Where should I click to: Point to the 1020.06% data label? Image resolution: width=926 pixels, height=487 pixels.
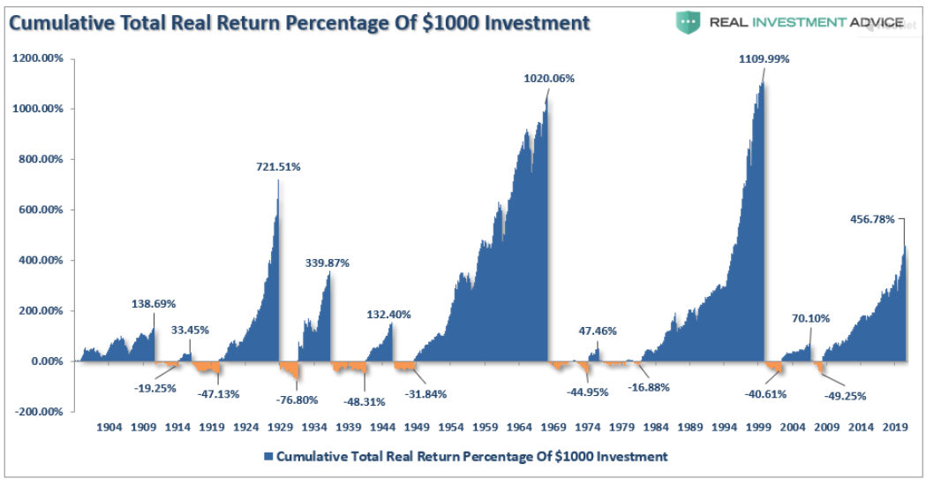(549, 78)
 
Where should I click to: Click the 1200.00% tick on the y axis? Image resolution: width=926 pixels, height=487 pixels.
(39, 59)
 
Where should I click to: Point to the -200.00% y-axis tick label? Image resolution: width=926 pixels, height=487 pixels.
(39, 412)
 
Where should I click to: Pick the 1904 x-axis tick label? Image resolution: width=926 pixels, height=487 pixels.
(109, 427)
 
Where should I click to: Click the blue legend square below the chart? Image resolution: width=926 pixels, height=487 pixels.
(267, 457)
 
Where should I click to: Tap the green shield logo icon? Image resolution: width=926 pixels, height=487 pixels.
(687, 22)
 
